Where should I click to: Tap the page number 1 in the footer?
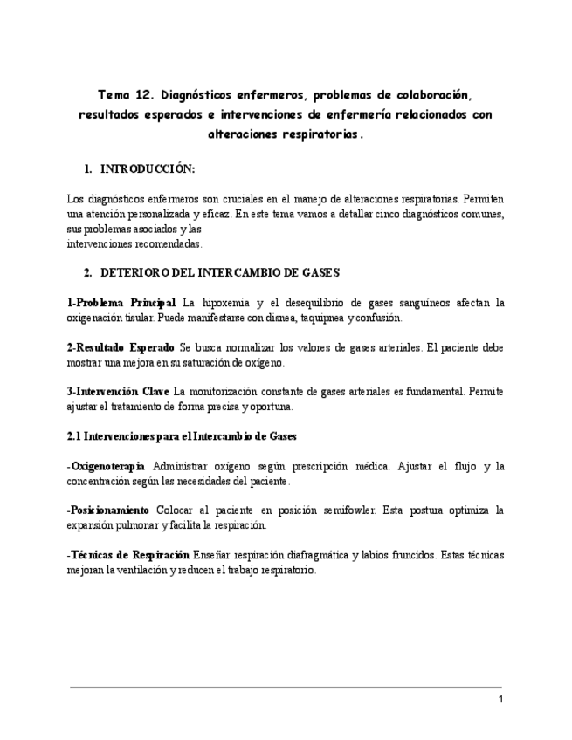500,700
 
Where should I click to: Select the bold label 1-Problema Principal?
121,303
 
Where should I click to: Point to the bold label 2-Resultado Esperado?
121,347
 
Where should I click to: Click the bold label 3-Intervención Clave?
118,392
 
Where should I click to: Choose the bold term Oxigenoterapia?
107,466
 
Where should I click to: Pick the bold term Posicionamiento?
108,510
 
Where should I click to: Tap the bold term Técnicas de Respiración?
128,555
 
